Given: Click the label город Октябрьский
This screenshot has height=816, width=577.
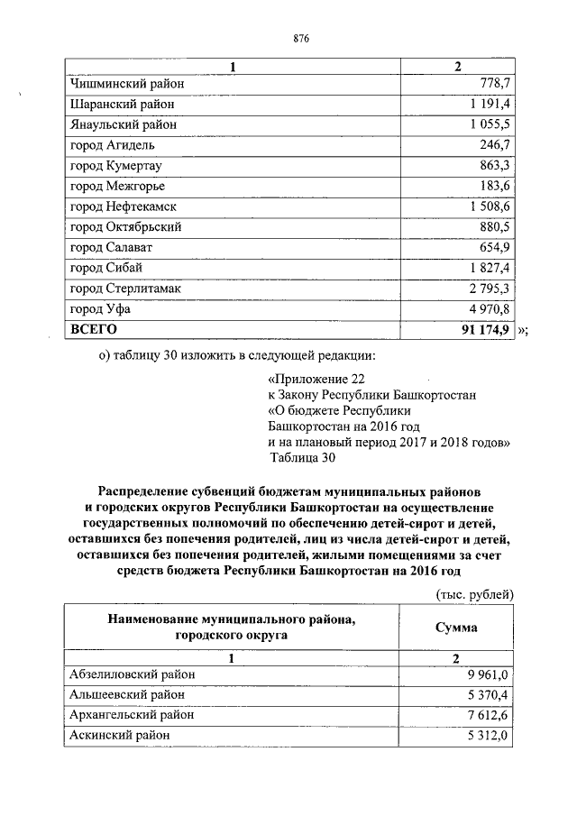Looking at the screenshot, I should pyautogui.click(x=125, y=226).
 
